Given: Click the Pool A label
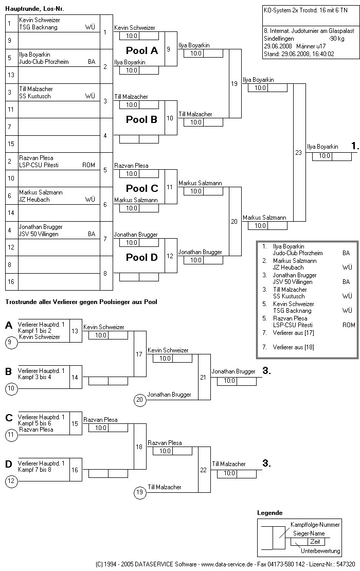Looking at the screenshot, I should (142, 50).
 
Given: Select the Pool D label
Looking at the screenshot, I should (142, 257).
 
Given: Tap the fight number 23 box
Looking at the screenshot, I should (299, 152).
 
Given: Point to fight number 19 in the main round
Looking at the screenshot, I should (235, 84).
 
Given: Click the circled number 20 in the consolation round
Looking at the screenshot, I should (139, 399).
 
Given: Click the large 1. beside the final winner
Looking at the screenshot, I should (355, 146).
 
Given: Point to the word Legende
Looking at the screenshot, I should (269, 513).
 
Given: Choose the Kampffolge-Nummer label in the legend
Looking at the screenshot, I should (315, 524).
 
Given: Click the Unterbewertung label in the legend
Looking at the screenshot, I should (320, 551).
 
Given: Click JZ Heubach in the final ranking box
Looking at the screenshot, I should (288, 267).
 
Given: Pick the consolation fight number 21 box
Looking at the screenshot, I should (203, 377).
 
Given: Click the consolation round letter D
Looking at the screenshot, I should (9, 465).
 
